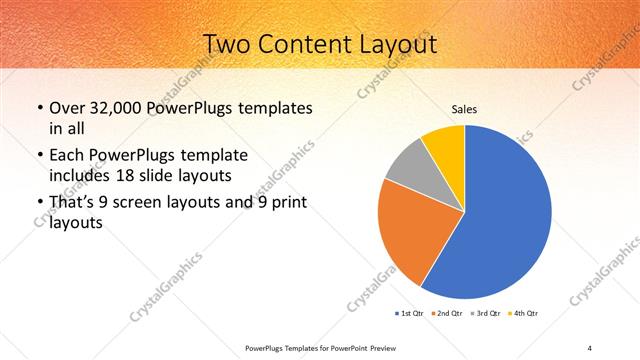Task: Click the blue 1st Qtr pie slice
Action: pyautogui.click(x=510, y=220)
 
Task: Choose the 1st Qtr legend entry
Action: pyautogui.click(x=410, y=314)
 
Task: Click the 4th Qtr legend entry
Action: pyautogui.click(x=524, y=314)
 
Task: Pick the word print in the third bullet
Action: pyautogui.click(x=289, y=204)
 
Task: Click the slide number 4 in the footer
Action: pyautogui.click(x=590, y=347)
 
